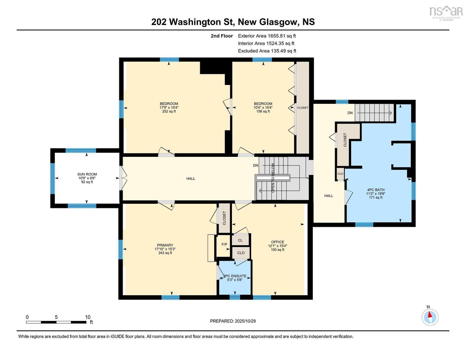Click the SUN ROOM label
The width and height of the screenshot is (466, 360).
click(87, 174)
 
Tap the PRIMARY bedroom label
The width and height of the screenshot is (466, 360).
click(165, 245)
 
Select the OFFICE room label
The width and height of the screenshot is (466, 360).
click(278, 242)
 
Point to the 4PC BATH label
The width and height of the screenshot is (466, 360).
click(376, 190)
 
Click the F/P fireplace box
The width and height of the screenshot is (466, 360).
click(224, 246)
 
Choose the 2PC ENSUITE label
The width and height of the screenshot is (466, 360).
click(235, 276)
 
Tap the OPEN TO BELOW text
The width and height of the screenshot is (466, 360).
click(273, 178)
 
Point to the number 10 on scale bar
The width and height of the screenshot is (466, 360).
click(87, 317)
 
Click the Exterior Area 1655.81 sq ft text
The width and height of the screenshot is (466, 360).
click(267, 36)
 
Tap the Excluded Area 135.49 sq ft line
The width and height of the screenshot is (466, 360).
click(267, 51)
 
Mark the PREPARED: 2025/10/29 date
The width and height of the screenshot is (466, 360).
click(233, 321)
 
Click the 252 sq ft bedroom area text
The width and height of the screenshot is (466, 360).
click(169, 111)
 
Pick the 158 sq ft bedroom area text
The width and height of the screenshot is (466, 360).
click(263, 111)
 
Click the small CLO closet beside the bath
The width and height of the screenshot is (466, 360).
click(340, 174)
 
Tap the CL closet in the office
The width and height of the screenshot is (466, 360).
click(240, 240)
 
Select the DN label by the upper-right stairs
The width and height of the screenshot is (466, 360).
click(350, 113)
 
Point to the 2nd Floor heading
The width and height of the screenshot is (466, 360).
click(222, 36)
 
